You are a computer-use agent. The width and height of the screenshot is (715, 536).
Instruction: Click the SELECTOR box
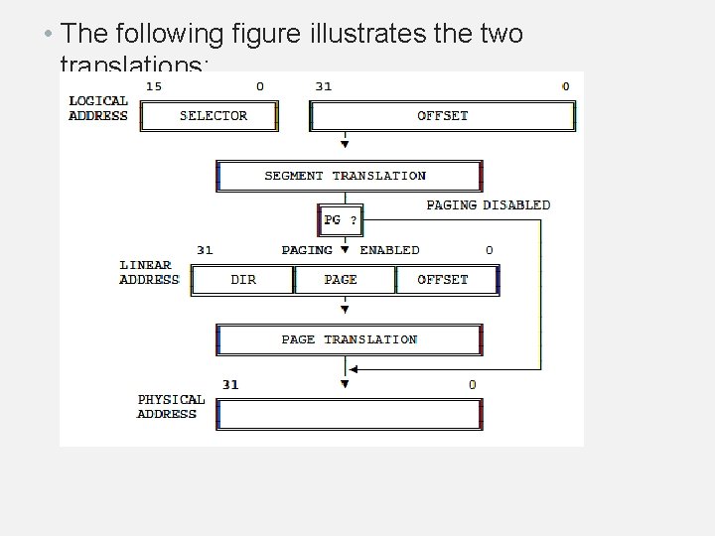[x=210, y=116]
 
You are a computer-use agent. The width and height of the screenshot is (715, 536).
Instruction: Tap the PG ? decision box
[x=340, y=219]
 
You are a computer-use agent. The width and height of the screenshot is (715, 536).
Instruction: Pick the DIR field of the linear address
[x=243, y=280]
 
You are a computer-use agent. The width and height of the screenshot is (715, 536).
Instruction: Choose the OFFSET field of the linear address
[x=444, y=280]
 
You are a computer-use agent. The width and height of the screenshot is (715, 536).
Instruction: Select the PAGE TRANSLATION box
[x=349, y=339]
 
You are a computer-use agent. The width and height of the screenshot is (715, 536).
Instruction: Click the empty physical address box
[x=349, y=414]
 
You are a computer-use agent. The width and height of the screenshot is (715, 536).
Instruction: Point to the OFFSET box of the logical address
[x=442, y=116]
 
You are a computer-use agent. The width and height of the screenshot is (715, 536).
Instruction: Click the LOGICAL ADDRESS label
[x=98, y=108]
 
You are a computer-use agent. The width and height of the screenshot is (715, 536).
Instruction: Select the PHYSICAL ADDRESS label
[x=171, y=407]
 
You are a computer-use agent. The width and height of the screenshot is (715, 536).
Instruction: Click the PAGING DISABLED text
[x=488, y=205]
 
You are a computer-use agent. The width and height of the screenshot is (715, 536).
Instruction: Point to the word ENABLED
[x=389, y=250]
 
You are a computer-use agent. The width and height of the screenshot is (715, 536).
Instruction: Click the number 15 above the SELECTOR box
[x=154, y=86]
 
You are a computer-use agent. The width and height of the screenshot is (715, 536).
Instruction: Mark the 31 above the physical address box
[x=230, y=384]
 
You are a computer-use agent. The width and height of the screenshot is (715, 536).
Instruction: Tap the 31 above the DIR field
[x=205, y=250]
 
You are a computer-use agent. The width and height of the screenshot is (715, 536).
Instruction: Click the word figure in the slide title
[x=266, y=35]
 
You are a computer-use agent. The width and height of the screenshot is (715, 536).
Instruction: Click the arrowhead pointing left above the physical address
[x=355, y=370]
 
